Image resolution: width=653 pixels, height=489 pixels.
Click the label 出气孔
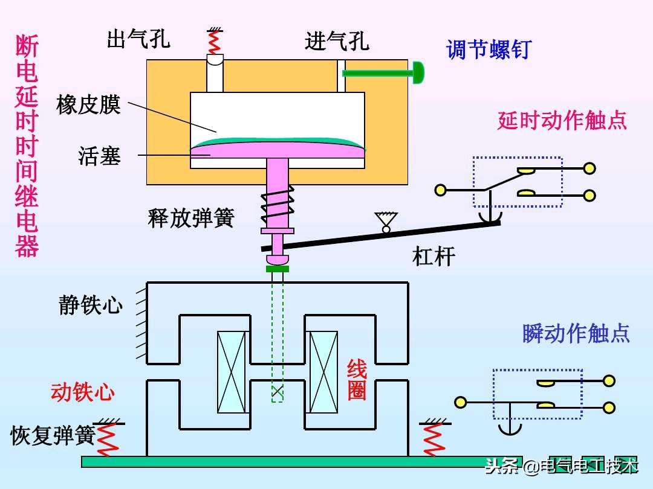(x=138, y=40)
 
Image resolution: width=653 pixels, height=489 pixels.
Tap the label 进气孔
(x=337, y=41)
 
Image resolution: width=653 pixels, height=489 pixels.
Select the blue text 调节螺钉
(x=488, y=49)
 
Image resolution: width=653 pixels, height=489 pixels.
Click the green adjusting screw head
(x=418, y=73)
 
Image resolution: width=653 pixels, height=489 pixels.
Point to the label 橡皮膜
(x=89, y=104)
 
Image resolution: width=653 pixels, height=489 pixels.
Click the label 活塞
(x=100, y=156)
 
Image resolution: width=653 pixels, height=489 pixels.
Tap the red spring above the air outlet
(x=213, y=42)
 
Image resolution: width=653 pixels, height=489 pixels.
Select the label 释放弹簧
(x=190, y=217)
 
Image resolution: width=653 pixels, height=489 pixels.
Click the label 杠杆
(x=434, y=257)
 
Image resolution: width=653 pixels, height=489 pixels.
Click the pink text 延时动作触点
(x=562, y=121)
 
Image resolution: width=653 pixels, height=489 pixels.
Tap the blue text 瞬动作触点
(x=576, y=333)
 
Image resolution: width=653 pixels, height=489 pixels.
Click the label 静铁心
(x=91, y=305)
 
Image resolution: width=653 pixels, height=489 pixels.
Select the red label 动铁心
(x=83, y=392)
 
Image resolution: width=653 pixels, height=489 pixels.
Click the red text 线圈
(x=357, y=380)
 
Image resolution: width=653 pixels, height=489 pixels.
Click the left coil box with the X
(x=232, y=372)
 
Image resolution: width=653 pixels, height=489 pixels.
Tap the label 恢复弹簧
(x=53, y=435)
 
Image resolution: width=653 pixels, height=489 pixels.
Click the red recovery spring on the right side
(x=433, y=439)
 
